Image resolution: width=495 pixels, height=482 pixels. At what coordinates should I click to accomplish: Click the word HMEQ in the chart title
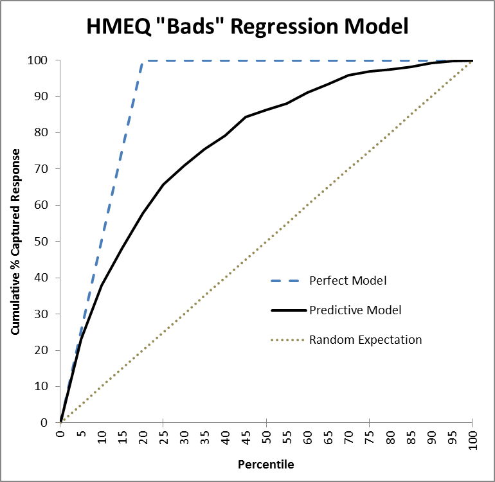click(119, 26)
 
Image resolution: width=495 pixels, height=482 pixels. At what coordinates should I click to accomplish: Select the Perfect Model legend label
click(348, 281)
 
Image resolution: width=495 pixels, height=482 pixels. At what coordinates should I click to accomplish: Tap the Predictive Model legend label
click(355, 310)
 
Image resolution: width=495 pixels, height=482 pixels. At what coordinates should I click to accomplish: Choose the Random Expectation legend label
click(365, 340)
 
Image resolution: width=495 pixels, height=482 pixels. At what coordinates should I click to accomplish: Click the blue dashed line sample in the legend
click(285, 281)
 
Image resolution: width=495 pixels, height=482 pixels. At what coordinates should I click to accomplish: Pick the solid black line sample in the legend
click(289, 310)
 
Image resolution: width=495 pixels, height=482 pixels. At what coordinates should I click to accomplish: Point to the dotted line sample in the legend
click(287, 340)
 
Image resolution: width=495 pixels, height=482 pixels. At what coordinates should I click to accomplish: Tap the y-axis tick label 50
click(41, 242)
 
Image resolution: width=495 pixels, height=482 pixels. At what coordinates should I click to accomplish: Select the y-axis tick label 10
click(41, 386)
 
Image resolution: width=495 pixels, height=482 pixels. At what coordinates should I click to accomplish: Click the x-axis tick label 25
click(163, 438)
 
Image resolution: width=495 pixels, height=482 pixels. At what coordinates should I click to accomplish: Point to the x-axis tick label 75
click(370, 438)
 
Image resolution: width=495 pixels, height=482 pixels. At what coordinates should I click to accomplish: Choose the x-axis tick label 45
click(246, 438)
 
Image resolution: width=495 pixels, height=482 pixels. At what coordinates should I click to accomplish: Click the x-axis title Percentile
click(265, 464)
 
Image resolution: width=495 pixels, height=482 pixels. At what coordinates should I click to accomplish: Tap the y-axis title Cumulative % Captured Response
click(15, 242)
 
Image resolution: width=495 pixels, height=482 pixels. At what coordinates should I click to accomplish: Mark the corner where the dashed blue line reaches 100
click(143, 60)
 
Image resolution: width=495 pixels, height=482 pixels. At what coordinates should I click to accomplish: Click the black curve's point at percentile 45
click(246, 117)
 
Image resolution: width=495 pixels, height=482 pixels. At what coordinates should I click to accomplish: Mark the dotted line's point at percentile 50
click(266, 242)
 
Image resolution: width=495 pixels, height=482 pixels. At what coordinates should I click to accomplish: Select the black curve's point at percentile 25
click(163, 184)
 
